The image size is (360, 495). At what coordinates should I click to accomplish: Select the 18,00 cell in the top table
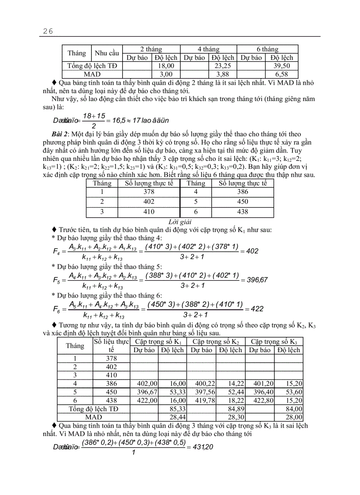pyautogui.click(x=165, y=66)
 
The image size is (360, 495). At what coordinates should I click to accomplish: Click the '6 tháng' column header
pyautogui.click(x=267, y=49)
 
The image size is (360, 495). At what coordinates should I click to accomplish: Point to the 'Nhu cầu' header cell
pyautogui.click(x=107, y=53)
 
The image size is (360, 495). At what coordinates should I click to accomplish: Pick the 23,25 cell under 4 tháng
pyautogui.click(x=223, y=66)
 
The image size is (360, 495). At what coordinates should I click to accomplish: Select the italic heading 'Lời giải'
pyautogui.click(x=180, y=222)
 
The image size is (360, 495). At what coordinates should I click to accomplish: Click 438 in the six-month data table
pyautogui.click(x=243, y=212)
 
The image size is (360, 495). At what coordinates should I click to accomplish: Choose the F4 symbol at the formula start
pyautogui.click(x=56, y=251)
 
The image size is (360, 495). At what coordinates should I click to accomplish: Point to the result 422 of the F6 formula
pyautogui.click(x=257, y=309)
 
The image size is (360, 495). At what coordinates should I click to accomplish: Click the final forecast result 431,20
pyautogui.click(x=203, y=447)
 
